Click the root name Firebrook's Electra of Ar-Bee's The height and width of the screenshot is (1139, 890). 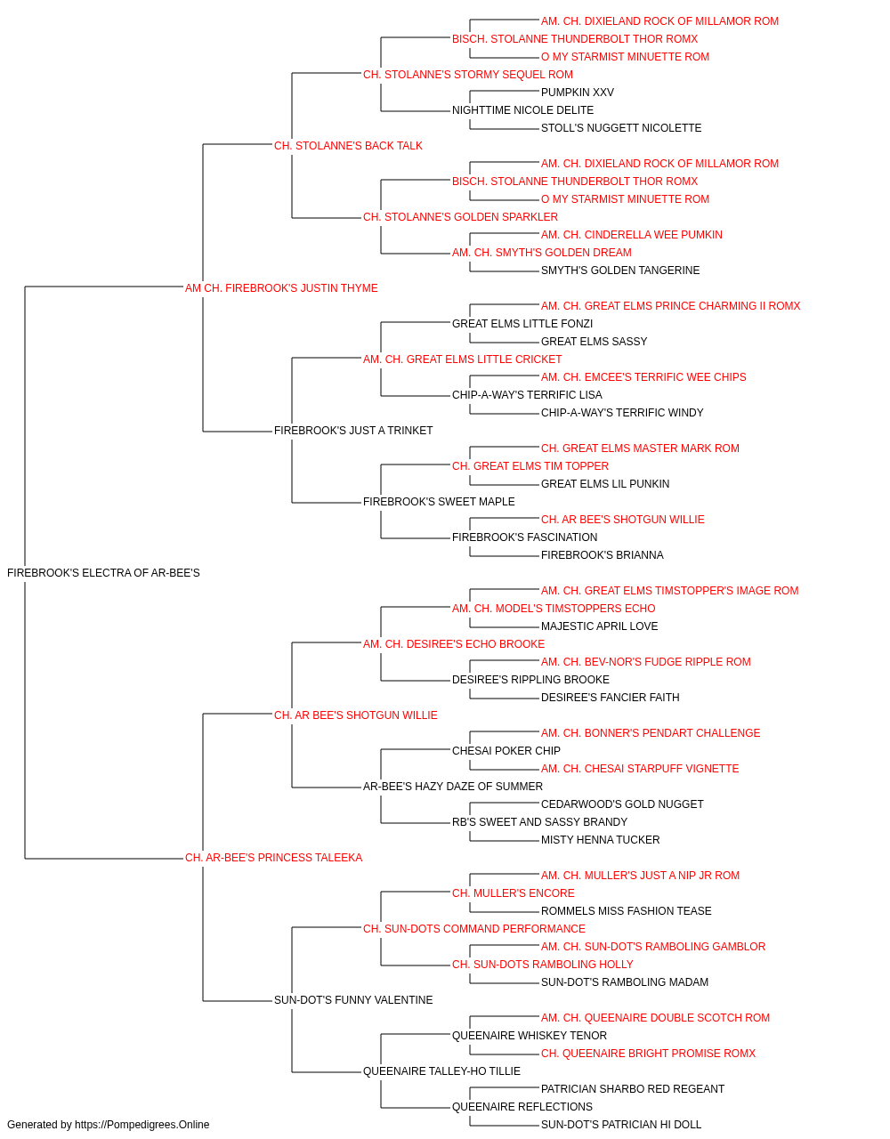click(x=103, y=573)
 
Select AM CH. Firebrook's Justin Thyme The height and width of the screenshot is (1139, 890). click(x=281, y=288)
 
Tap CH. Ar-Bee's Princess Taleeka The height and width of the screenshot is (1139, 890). click(x=273, y=858)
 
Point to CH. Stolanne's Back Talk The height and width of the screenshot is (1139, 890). click(x=348, y=146)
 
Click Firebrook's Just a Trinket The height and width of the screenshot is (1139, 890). click(x=353, y=431)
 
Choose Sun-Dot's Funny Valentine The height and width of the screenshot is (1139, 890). click(x=353, y=1000)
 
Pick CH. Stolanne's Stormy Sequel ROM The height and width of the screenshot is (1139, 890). click(x=467, y=75)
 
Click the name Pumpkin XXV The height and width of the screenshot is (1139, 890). click(x=577, y=93)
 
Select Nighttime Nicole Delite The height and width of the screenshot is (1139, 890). click(x=522, y=110)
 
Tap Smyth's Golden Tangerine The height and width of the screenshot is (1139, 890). click(x=620, y=271)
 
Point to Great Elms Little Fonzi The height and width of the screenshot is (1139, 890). click(x=522, y=324)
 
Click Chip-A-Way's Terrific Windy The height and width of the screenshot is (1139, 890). click(x=622, y=413)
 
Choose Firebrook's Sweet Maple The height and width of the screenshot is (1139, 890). click(x=439, y=502)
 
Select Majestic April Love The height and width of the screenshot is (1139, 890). click(x=599, y=626)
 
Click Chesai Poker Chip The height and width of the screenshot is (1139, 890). click(x=506, y=751)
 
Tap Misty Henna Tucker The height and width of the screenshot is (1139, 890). click(x=600, y=840)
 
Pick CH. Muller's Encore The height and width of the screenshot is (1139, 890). click(x=514, y=893)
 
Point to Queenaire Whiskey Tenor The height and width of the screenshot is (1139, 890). click(x=530, y=1036)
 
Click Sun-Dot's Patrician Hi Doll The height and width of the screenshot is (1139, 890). click(x=621, y=1125)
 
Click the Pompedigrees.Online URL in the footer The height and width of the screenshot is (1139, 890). click(x=142, y=1125)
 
